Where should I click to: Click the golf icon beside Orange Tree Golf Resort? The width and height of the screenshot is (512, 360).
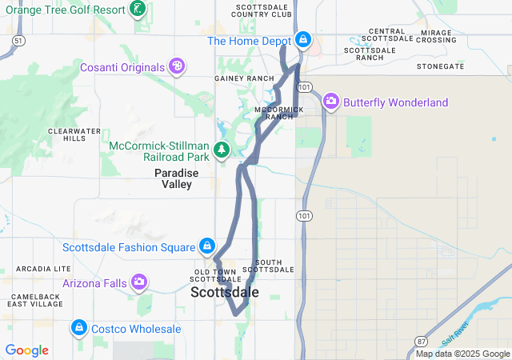tap(138, 10)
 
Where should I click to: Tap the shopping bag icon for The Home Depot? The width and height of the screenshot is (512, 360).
tap(303, 39)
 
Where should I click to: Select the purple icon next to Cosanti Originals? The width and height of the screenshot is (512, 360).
tap(178, 66)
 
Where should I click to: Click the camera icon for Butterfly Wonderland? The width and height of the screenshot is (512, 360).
tap(331, 102)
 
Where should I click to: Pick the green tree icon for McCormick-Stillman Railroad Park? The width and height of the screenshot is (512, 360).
tap(222, 150)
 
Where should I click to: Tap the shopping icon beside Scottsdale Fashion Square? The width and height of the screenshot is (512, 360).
tap(206, 246)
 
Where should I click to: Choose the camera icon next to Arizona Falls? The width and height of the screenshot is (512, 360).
tap(139, 282)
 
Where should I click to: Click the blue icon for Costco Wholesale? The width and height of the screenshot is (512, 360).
tap(78, 327)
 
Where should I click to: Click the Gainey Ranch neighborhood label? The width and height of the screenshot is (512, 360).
tap(233, 78)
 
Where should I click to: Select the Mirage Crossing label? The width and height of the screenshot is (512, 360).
tap(436, 35)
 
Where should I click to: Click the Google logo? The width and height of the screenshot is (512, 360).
tap(26, 350)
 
